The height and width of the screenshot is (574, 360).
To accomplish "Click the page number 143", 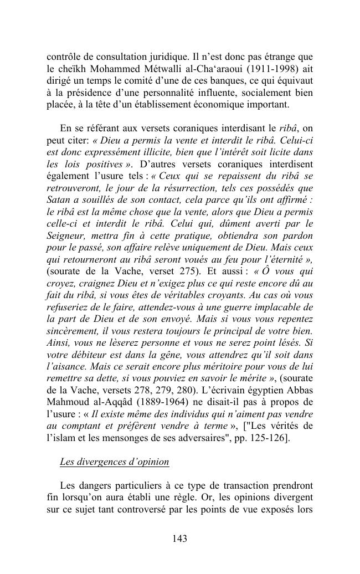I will coord(179,539).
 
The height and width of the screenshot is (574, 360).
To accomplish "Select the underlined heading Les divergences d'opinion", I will coord(114,462).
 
